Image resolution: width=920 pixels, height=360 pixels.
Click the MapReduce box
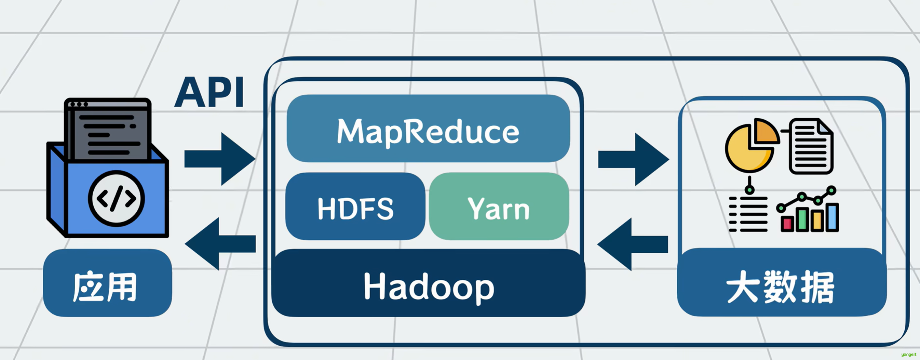coord(428,129)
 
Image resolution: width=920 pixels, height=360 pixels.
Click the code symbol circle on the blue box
coord(117,199)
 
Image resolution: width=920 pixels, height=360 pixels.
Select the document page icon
coord(811,146)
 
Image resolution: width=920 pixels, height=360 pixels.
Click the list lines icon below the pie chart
coord(748,214)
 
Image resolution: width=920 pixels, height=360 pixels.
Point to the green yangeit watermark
coord(909,354)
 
